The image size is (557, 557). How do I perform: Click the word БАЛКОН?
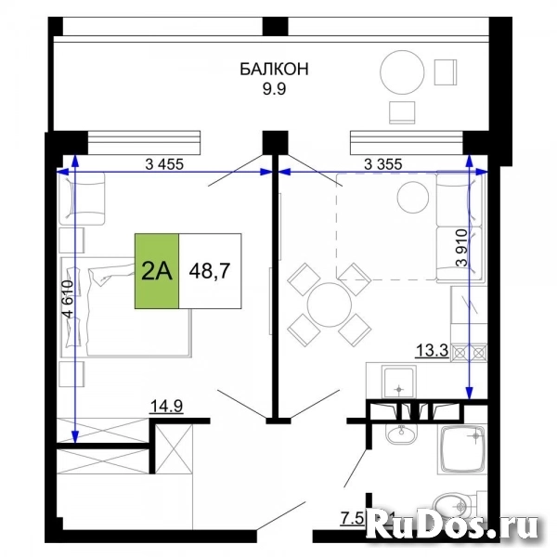pyautogui.click(x=274, y=69)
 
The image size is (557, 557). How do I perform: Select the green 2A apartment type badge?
pyautogui.click(x=157, y=271)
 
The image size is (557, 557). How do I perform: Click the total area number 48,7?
pyautogui.click(x=211, y=271)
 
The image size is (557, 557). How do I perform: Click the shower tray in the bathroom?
pyautogui.click(x=462, y=450)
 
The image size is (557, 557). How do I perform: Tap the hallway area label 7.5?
pyautogui.click(x=351, y=516)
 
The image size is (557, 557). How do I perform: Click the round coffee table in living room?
pyautogui.click(x=409, y=197)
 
